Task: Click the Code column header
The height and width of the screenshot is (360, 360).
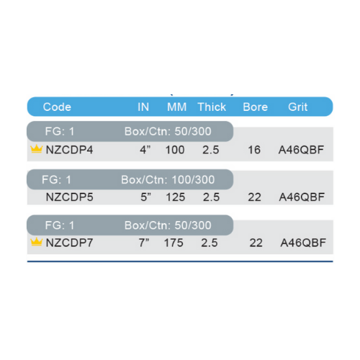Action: click(x=57, y=107)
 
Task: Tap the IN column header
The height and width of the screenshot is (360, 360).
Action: click(x=143, y=107)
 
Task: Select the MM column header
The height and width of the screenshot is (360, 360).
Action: click(x=177, y=107)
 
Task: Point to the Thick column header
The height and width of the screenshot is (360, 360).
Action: click(x=212, y=107)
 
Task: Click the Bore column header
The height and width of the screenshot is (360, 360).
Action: click(x=255, y=107)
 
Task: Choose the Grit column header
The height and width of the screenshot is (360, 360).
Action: click(x=297, y=107)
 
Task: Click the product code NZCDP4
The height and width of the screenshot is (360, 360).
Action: click(x=69, y=150)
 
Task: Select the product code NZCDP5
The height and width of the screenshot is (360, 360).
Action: click(x=69, y=197)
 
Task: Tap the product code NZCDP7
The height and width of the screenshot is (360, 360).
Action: click(x=69, y=243)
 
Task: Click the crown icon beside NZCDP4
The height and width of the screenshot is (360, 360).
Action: click(x=37, y=149)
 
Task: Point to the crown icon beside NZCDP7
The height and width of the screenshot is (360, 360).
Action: click(x=37, y=241)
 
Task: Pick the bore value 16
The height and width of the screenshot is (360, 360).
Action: click(x=254, y=150)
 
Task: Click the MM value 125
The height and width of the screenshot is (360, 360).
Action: click(x=176, y=197)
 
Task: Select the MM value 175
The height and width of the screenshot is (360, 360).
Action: click(x=174, y=243)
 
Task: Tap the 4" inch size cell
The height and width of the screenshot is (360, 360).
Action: click(x=145, y=150)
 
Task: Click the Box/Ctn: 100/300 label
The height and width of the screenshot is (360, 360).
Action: click(x=168, y=180)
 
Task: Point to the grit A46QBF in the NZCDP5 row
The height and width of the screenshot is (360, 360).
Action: click(x=302, y=197)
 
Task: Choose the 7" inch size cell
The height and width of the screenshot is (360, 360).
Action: click(x=144, y=243)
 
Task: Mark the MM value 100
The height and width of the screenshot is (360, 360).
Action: click(x=175, y=150)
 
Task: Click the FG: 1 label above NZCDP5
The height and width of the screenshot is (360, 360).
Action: click(x=56, y=180)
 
